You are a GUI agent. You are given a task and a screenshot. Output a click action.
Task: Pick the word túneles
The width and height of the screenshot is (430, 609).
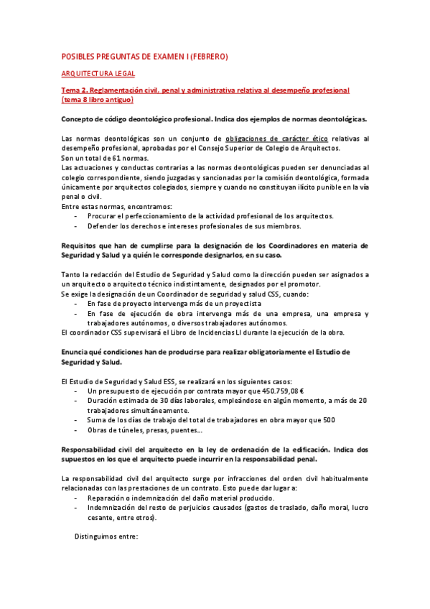(x=131, y=430)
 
